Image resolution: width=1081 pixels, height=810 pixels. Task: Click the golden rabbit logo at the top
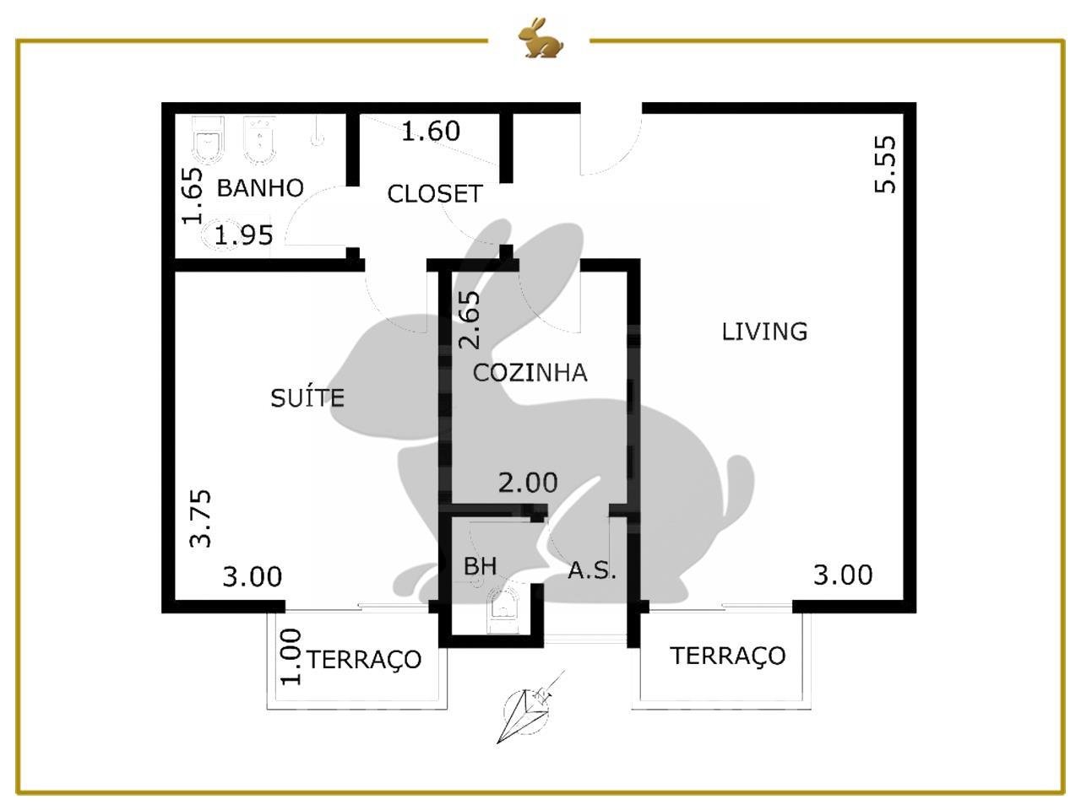click(x=540, y=38)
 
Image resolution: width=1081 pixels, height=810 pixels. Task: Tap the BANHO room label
click(x=260, y=188)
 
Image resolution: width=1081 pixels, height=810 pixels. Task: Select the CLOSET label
click(x=434, y=194)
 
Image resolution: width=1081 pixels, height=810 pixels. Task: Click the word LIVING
click(x=764, y=332)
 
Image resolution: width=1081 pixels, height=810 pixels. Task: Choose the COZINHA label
click(x=530, y=373)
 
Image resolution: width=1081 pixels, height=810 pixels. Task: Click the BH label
click(x=481, y=566)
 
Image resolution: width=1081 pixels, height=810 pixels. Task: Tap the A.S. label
click(x=592, y=570)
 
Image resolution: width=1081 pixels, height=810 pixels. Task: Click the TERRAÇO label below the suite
click(x=365, y=661)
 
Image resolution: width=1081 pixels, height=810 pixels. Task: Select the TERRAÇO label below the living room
click(x=727, y=656)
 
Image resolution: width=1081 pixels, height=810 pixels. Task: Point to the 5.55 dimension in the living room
click(x=885, y=165)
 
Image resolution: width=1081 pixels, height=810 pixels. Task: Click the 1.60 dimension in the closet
click(x=431, y=131)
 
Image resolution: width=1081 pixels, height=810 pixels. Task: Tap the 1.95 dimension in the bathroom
click(x=244, y=235)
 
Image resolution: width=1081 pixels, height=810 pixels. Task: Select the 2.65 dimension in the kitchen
click(x=469, y=320)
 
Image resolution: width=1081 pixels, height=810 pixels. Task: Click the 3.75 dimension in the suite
click(x=201, y=518)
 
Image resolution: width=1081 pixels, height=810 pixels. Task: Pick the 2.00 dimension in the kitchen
click(x=528, y=483)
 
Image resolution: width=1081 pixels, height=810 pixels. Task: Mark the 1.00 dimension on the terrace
click(x=291, y=656)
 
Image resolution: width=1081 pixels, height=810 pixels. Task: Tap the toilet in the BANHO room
click(x=208, y=140)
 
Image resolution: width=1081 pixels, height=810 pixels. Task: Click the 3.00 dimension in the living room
click(x=843, y=575)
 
